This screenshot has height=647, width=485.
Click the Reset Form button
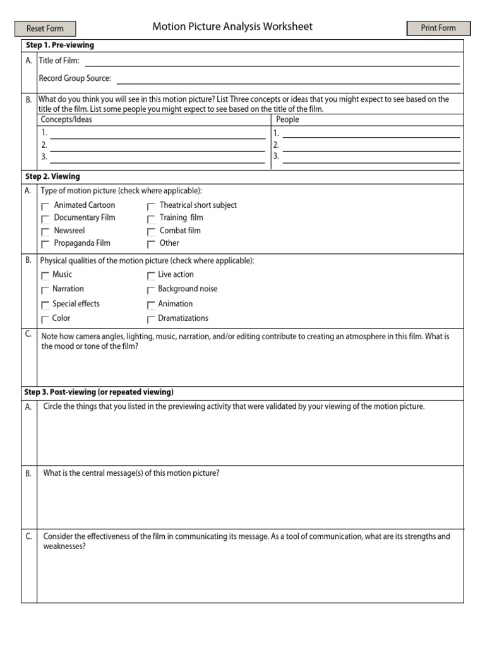click(45, 28)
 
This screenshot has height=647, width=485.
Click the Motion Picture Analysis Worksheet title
click(232, 27)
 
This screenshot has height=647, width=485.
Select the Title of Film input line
click(272, 61)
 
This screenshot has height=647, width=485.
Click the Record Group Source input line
click(288, 79)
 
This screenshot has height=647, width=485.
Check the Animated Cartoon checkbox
click(45, 206)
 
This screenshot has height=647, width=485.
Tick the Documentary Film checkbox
click(45, 219)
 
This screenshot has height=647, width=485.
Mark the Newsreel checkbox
click(45, 232)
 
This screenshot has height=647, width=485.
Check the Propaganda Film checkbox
click(45, 245)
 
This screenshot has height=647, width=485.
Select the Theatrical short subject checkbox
click(151, 206)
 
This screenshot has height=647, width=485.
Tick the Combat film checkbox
click(151, 232)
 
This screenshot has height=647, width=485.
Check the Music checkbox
click(45, 275)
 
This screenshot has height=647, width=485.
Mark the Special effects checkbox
click(45, 305)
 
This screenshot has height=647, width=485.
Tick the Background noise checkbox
click(151, 290)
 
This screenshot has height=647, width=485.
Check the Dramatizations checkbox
click(151, 320)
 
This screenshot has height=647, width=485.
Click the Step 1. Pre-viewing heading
click(60, 45)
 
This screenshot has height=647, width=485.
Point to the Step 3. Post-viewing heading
click(99, 392)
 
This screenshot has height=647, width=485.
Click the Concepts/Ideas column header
click(66, 119)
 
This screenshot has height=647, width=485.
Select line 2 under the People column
click(371, 146)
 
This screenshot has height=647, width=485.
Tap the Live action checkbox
click(151, 275)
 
